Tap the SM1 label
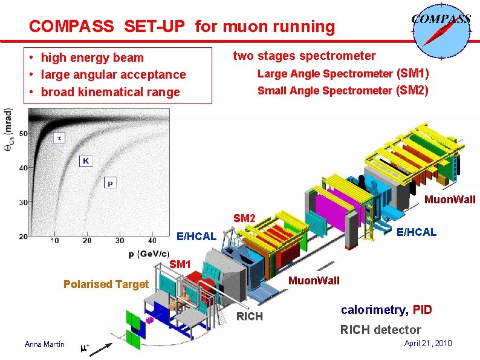(180, 264)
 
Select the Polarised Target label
(106, 284)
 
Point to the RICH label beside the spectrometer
(249, 316)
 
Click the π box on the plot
(59, 138)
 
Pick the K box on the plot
(86, 161)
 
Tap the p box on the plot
(110, 182)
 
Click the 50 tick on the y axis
(22, 133)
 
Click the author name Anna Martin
(44, 344)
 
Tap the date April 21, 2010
(428, 343)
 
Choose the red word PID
(422, 310)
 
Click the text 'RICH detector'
(380, 330)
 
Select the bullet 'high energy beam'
(92, 57)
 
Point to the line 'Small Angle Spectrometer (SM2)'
(343, 91)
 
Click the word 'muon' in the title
(247, 27)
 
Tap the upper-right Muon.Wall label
(450, 200)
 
